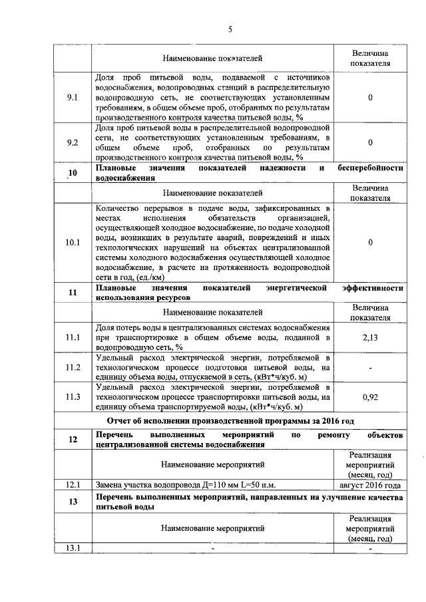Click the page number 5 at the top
[230, 29]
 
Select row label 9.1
[73, 97]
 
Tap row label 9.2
[73, 142]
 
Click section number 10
[73, 174]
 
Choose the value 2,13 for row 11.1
[370, 338]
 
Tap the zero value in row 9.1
[370, 97]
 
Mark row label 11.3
[73, 397]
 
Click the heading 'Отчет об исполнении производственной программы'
[230, 420]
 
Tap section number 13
[73, 502]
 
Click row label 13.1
[73, 548]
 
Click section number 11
[73, 293]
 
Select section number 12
[73, 439]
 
